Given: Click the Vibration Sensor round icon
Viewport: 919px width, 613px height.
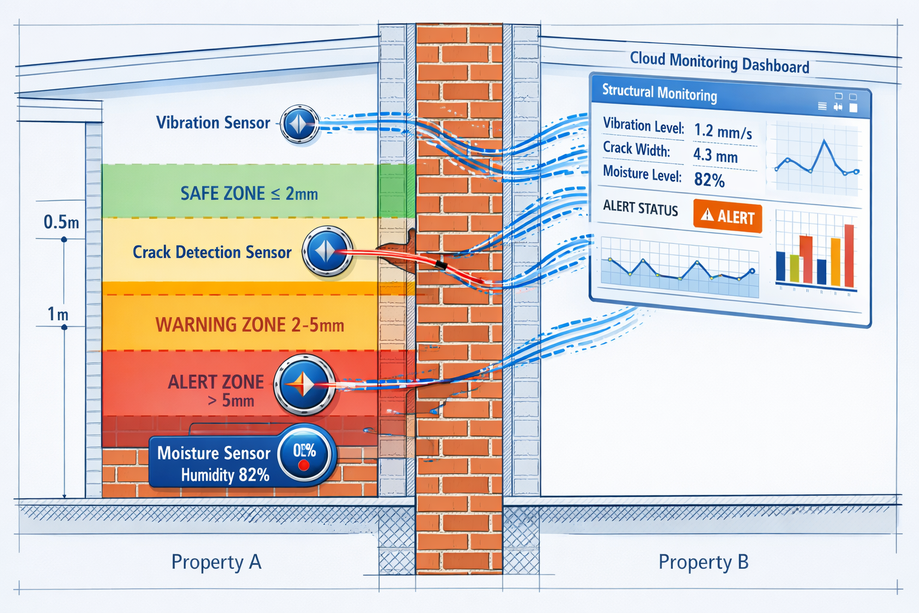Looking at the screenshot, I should click(300, 124).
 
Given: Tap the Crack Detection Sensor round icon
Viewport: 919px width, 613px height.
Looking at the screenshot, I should click(327, 251).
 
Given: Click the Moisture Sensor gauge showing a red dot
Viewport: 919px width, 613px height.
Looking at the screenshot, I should click(304, 455).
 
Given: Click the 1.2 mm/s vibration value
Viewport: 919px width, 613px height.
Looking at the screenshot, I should click(723, 131).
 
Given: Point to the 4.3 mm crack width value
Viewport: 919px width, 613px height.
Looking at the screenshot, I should click(715, 156).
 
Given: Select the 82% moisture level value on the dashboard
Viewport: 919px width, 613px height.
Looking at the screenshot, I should click(709, 180).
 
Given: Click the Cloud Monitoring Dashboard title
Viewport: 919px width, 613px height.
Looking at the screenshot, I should click(719, 62).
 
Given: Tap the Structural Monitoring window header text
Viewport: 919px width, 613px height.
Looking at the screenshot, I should click(659, 93).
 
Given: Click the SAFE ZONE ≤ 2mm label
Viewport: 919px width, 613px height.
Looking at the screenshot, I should click(249, 193).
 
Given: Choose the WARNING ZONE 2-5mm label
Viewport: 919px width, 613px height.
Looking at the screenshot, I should click(249, 325).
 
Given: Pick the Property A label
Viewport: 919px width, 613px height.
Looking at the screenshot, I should click(216, 562).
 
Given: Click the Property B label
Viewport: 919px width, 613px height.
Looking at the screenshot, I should click(703, 562).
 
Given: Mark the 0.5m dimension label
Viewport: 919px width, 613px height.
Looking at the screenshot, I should click(61, 223).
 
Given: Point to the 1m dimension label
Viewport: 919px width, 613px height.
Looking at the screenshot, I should click(58, 314).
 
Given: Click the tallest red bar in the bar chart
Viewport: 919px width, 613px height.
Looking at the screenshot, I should click(848, 256).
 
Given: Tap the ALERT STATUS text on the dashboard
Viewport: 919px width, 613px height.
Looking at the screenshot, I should click(640, 208).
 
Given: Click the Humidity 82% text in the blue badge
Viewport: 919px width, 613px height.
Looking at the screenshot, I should click(225, 475).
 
